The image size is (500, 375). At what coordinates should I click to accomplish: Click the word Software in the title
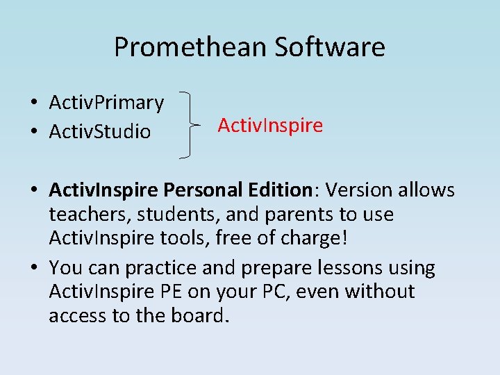[330, 47]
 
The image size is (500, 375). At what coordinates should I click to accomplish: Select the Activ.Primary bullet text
[106, 103]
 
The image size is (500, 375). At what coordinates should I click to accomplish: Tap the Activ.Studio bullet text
[99, 131]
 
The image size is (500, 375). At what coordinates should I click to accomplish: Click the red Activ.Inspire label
[270, 126]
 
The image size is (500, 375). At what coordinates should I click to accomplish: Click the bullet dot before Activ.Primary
[33, 103]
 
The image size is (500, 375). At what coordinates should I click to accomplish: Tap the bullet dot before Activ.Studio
[33, 131]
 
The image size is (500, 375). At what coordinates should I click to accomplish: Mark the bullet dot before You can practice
[33, 267]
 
